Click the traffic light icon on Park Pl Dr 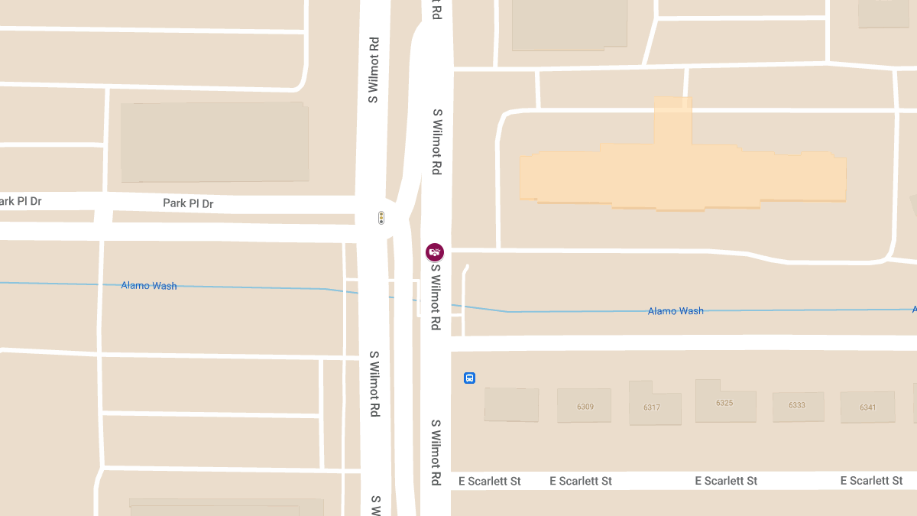(x=381, y=219)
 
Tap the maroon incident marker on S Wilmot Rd (x=435, y=252)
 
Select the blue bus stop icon (x=470, y=378)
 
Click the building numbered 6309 (x=585, y=406)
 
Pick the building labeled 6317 (x=651, y=407)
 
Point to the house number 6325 (x=724, y=402)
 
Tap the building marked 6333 (x=797, y=405)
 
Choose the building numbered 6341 (x=867, y=407)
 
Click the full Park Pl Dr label (x=188, y=203)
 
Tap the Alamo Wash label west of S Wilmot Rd (x=149, y=286)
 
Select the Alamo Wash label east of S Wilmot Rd (x=676, y=311)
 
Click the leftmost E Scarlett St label (x=490, y=481)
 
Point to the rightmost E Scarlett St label (x=871, y=481)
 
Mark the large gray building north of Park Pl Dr (x=215, y=142)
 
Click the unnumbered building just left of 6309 (x=511, y=404)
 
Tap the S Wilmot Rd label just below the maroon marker (x=436, y=297)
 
